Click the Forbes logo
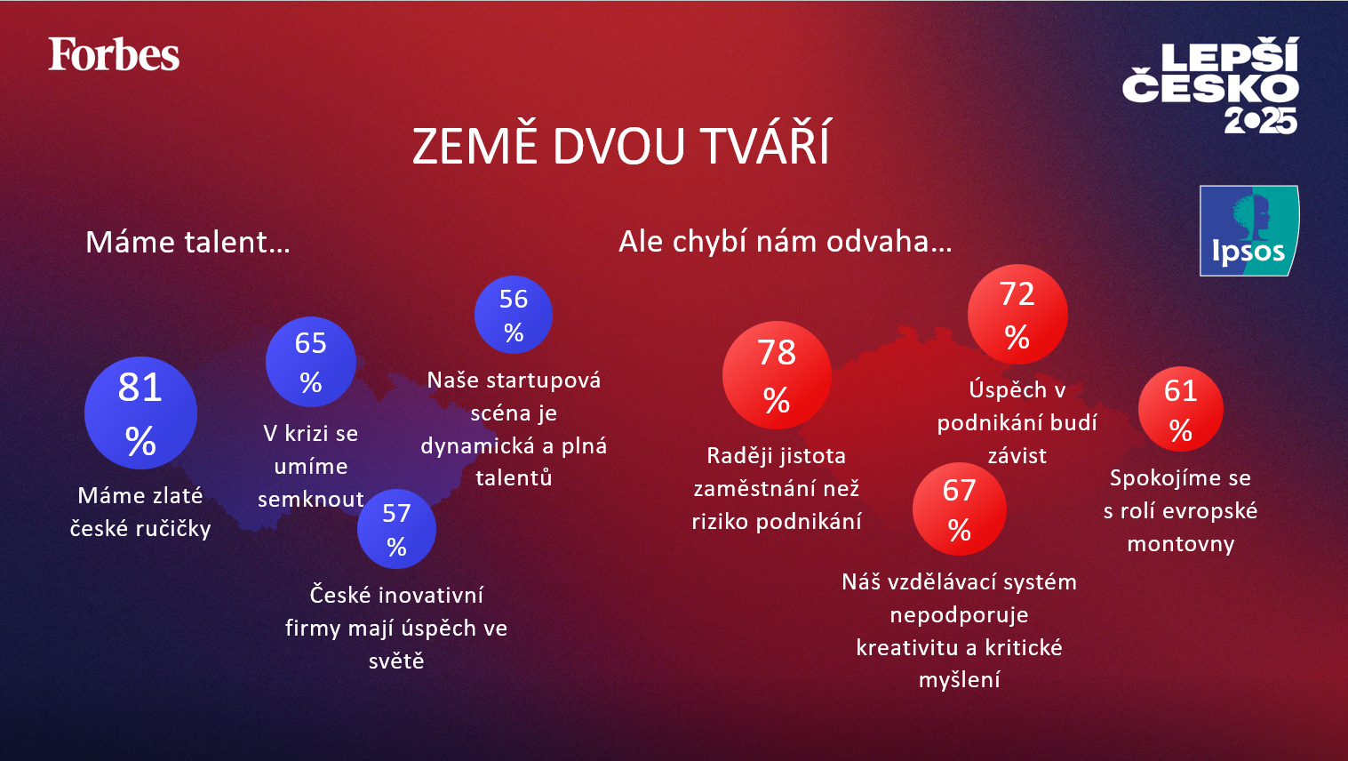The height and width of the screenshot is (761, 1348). click(x=114, y=55)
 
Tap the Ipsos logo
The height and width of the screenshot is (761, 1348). click(x=1248, y=231)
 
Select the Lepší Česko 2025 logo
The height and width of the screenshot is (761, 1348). click(x=1210, y=85)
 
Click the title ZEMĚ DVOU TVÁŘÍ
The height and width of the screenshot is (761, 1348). click(x=621, y=147)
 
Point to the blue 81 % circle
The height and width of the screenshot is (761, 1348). click(x=140, y=413)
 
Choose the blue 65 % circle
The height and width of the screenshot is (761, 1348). click(x=311, y=362)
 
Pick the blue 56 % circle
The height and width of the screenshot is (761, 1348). click(x=514, y=315)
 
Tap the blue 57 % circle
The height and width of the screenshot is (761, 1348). click(x=396, y=529)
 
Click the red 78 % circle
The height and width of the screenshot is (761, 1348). click(x=777, y=375)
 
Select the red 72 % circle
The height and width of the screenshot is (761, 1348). click(x=1017, y=315)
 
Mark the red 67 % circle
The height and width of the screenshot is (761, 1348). click(x=960, y=509)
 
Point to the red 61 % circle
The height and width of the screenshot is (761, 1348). click(x=1181, y=409)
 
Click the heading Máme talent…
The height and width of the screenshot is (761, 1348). click(x=187, y=242)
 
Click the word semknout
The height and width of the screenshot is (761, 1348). click(x=311, y=500)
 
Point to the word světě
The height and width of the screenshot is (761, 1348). click(x=396, y=661)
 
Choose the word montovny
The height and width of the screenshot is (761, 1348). click(x=1181, y=544)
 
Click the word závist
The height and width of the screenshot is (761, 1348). click(x=1017, y=456)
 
